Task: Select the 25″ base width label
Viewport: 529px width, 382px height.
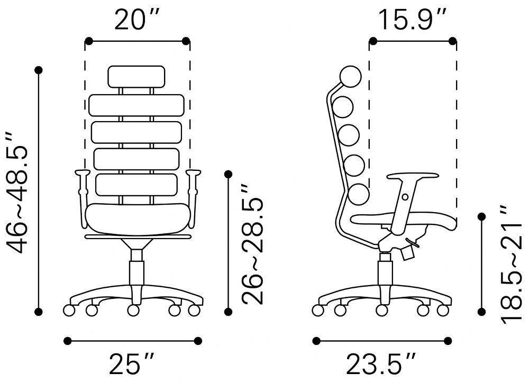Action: click(x=132, y=364)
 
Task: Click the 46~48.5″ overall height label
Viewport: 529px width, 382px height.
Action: click(x=16, y=193)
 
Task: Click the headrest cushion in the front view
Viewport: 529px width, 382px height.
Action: click(x=136, y=77)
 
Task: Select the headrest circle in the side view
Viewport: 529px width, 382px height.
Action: click(x=350, y=77)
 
